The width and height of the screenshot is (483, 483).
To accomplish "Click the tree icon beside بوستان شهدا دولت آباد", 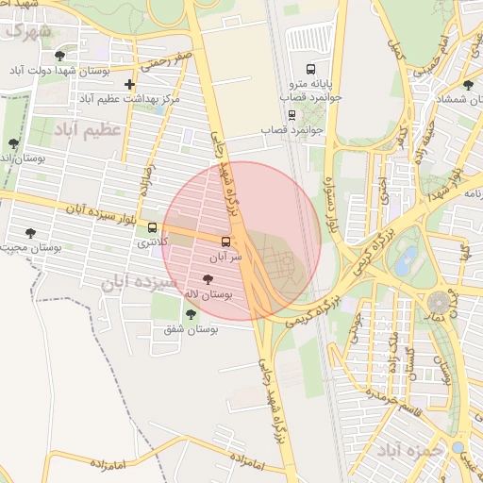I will tap(60, 56).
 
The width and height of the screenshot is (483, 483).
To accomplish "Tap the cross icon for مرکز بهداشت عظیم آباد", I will tap(129, 85).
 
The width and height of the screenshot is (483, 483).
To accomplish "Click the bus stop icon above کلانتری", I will tap(153, 227).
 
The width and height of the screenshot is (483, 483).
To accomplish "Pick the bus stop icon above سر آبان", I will tap(225, 241).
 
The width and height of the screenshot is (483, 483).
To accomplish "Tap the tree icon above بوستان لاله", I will tap(208, 280).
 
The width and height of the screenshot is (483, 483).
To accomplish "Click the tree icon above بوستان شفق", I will tap(191, 314).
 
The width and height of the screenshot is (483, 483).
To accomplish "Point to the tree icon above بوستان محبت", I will tap(31, 232).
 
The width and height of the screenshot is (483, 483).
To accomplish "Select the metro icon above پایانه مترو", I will tap(311, 68).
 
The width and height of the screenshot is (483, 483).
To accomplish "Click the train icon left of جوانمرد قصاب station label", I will tap(291, 115).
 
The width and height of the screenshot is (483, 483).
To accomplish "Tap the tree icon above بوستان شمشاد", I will tap(468, 85).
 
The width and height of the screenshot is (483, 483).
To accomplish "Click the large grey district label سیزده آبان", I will tap(141, 282).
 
